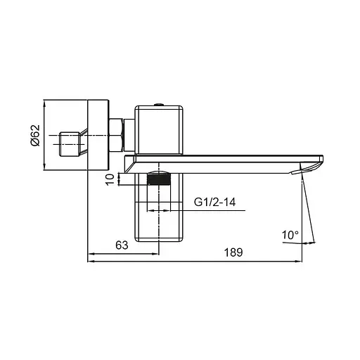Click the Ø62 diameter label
55,134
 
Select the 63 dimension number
122,245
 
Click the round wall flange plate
98,135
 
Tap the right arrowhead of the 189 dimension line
306,262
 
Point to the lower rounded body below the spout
160,211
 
